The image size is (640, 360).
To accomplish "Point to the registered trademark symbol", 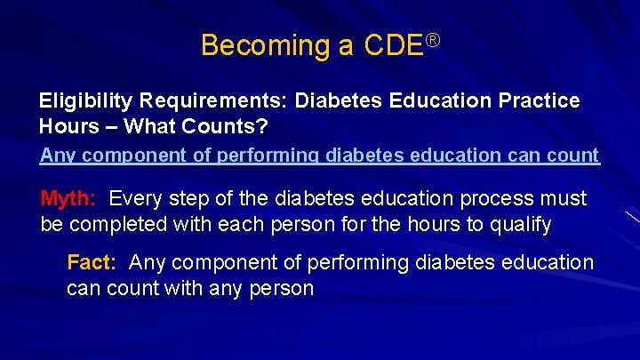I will point(434,38).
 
